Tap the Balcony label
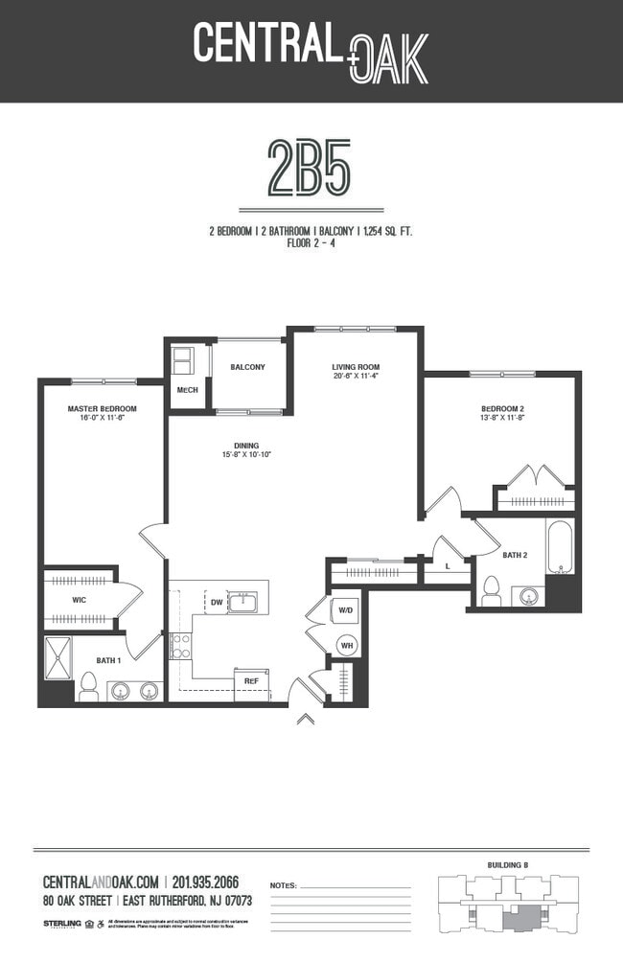click(247, 367)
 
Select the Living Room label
click(356, 367)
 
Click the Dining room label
click(246, 446)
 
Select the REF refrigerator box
click(251, 681)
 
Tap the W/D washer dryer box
click(346, 608)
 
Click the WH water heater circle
click(347, 644)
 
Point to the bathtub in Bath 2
click(560, 547)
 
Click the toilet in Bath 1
click(88, 686)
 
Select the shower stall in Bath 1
click(58, 659)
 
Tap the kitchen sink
click(242, 602)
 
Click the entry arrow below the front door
click(306, 718)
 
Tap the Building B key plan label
click(509, 865)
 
